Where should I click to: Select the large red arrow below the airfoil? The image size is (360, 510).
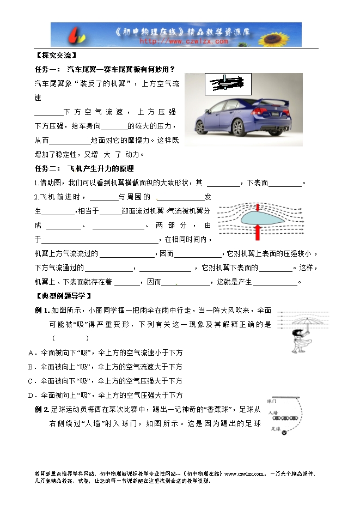pos(257,232)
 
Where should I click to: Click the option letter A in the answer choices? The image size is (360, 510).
pos(30,353)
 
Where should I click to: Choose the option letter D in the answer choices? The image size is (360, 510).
pos(30,395)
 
